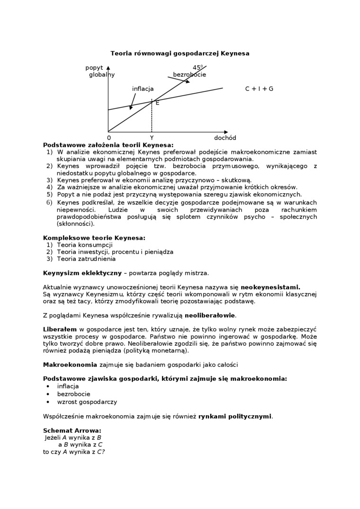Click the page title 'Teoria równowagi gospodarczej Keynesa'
[180, 54]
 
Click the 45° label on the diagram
[198, 68]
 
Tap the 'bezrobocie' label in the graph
[189, 75]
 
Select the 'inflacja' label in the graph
[143, 89]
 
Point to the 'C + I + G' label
[259, 89]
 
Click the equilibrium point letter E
[157, 103]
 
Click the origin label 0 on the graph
[109, 138]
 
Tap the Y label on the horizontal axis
[152, 138]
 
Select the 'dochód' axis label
[225, 138]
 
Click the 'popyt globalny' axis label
[100, 71]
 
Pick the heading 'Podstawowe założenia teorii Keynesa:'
[108, 145]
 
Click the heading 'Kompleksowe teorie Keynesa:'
[94, 238]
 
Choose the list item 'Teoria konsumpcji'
[85, 245]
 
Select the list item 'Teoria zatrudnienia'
[86, 259]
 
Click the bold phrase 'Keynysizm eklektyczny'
[82, 273]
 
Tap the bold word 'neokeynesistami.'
[270, 287]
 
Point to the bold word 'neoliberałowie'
[210, 315]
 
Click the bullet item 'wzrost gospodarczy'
[87, 402]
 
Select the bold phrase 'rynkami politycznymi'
[235, 416]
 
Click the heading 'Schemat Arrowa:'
[72, 430]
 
